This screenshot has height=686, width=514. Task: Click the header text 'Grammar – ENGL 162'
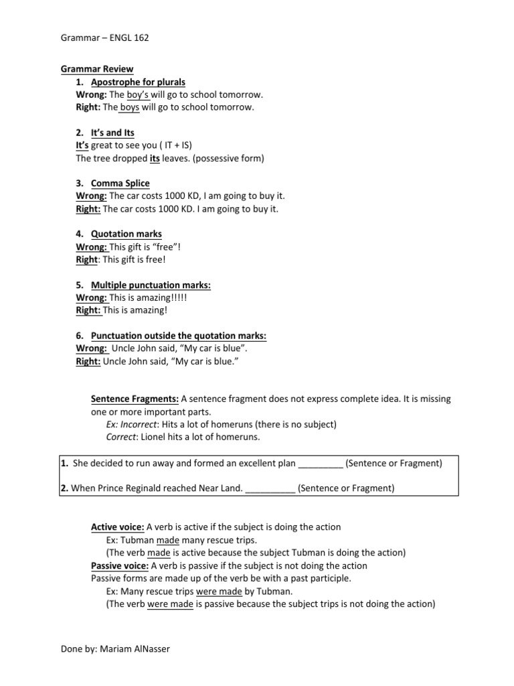click(104, 38)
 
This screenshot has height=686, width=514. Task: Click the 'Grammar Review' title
click(97, 69)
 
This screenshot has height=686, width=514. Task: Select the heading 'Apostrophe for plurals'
click(138, 82)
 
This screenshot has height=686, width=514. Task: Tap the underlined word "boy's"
click(139, 94)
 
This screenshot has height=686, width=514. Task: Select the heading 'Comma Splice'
click(120, 184)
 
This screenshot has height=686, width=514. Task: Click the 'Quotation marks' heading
click(126, 234)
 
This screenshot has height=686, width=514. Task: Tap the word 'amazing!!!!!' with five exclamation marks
click(161, 297)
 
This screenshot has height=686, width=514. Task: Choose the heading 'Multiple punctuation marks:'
click(151, 285)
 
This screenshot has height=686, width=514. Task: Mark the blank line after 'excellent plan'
click(320, 463)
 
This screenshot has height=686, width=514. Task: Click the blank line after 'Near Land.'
click(270, 488)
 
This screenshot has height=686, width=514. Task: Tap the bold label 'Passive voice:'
click(120, 565)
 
